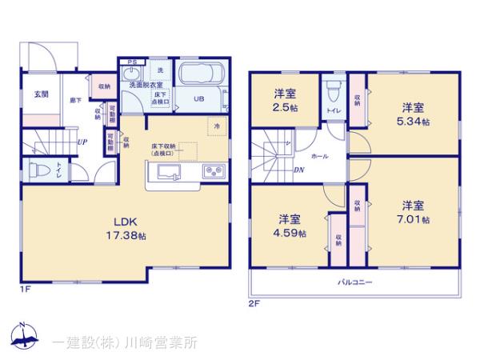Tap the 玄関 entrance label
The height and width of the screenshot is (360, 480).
(x=41, y=94)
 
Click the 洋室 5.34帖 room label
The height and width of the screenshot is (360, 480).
(x=413, y=113)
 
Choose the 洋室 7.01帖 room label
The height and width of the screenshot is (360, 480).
(x=413, y=211)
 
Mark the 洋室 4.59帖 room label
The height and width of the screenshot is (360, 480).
(x=290, y=227)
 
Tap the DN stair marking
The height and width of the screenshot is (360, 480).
(x=298, y=170)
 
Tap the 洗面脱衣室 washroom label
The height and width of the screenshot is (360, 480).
(x=142, y=85)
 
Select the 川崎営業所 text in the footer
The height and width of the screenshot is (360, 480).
(x=157, y=342)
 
